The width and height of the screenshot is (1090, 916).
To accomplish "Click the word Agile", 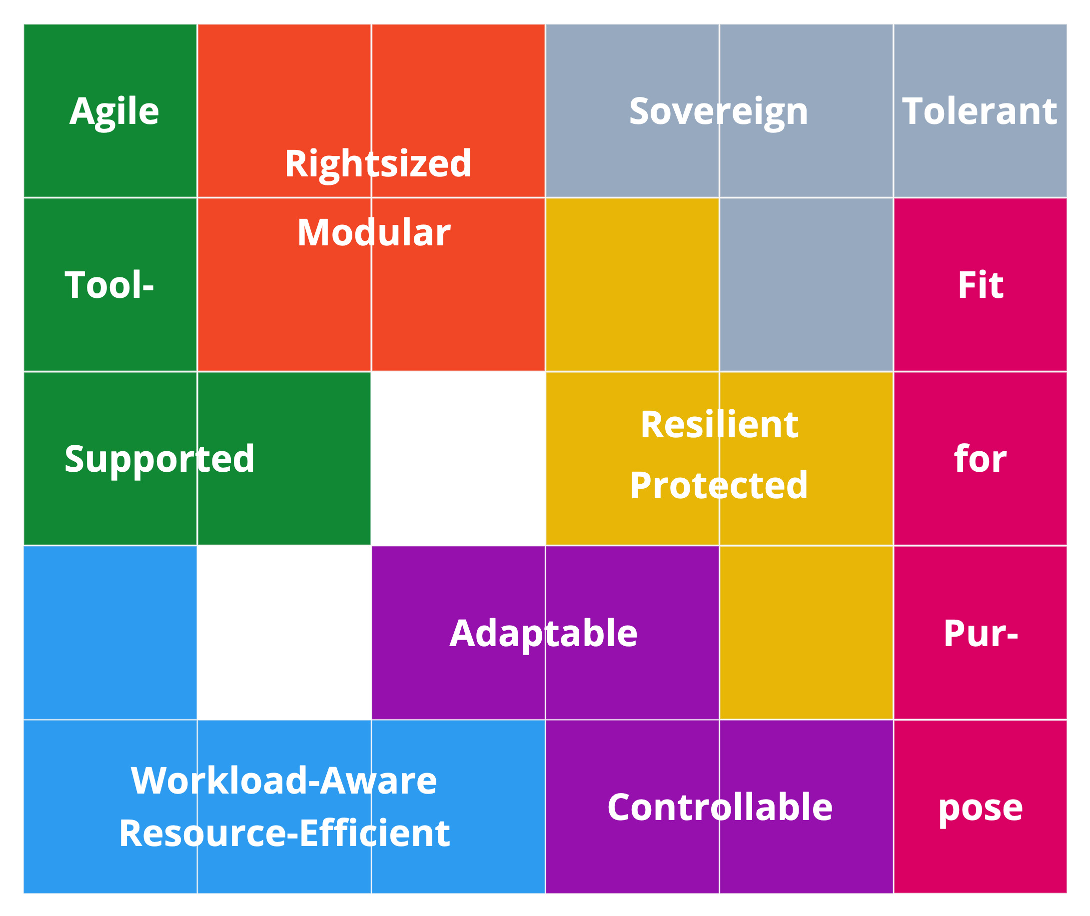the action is tap(114, 112).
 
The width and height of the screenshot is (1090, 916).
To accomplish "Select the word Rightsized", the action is tap(378, 164).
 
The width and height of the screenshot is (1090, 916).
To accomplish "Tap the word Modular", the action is tap(374, 233).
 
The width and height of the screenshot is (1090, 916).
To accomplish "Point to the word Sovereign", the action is tap(719, 112).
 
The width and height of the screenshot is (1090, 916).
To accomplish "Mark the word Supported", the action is tap(159, 460).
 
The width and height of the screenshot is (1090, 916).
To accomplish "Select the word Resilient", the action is tap(719, 425).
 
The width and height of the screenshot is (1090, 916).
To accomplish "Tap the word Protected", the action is tap(719, 486).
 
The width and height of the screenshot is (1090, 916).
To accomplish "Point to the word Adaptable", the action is tap(543, 635).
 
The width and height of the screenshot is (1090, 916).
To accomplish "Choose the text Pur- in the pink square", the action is tap(981, 634).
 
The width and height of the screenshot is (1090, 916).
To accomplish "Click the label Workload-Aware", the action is tap(284, 781).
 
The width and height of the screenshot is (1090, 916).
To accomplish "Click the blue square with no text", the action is tap(110, 633).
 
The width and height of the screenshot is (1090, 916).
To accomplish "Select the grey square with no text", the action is tap(806, 284).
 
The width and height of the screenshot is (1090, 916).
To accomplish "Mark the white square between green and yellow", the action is tap(458, 459).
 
